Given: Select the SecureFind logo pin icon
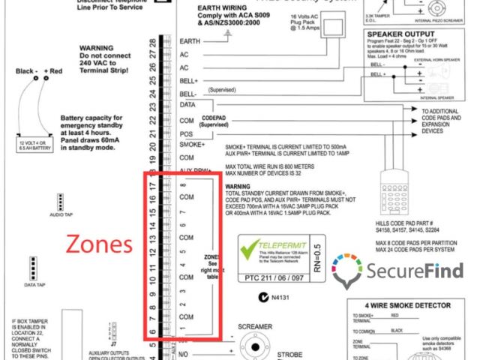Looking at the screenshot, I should (x=347, y=271).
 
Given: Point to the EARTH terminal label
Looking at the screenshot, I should (x=190, y=41).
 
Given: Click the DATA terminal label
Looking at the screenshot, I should (x=188, y=106).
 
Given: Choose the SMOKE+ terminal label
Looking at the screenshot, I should (x=193, y=144).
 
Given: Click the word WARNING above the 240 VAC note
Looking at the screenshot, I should (x=95, y=46).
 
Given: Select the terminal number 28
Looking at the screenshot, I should (x=153, y=42).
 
